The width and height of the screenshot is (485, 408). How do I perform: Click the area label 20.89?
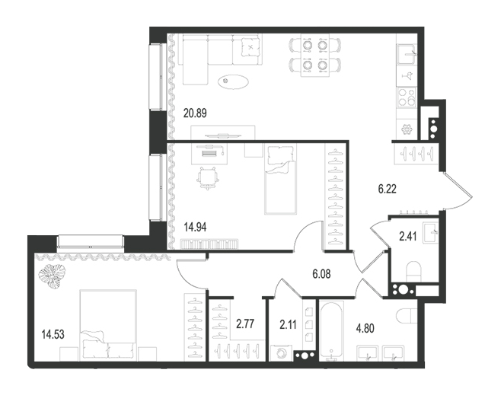click(x=195, y=113)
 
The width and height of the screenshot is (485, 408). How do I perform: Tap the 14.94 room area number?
click(x=195, y=228)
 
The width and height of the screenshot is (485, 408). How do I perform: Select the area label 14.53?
click(x=53, y=334)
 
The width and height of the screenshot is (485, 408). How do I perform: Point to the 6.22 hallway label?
click(x=388, y=189)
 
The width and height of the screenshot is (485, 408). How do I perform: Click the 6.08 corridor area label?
click(x=321, y=274)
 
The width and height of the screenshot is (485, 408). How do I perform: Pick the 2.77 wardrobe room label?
click(x=245, y=324)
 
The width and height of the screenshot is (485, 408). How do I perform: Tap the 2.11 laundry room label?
click(x=288, y=324)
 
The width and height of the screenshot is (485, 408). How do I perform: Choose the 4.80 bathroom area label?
click(x=365, y=328)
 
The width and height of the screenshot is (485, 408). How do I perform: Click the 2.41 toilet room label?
click(x=408, y=237)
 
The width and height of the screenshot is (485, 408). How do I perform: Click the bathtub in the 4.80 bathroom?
click(x=331, y=330)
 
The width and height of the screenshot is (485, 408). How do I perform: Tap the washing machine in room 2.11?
click(x=281, y=353)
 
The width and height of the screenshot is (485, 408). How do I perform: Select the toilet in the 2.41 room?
click(x=414, y=272)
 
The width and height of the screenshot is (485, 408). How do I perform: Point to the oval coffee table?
click(x=233, y=81)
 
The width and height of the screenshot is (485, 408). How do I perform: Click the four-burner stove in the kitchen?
click(x=407, y=97)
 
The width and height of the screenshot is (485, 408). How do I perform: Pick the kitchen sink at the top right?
click(x=407, y=55)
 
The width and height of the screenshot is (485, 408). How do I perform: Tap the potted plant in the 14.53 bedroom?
click(x=53, y=276)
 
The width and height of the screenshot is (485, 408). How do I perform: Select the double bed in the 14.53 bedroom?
click(x=108, y=325)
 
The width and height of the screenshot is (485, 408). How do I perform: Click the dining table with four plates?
click(x=315, y=55)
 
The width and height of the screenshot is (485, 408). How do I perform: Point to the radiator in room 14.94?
click(x=209, y=244)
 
